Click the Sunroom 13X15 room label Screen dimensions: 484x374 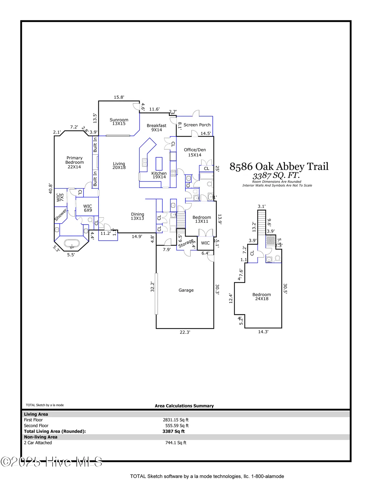(x=119, y=122)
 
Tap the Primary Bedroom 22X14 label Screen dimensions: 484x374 (x=75, y=162)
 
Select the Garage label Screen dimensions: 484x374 (x=186, y=290)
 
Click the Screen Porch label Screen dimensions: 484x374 (x=197, y=125)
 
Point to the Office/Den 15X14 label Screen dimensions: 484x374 (x=195, y=152)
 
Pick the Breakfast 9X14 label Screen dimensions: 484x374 (x=157, y=128)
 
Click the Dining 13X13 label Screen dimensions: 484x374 (x=137, y=216)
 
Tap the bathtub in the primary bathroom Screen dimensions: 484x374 (x=71, y=243)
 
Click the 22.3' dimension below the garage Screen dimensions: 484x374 (x=185, y=332)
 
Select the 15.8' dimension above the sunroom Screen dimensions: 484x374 (x=119, y=97)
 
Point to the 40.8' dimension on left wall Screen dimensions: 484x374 (x=51, y=188)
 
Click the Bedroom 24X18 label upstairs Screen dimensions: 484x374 (x=262, y=297)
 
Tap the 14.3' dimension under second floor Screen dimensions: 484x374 (x=263, y=332)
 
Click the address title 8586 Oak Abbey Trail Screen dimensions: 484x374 (x=279, y=166)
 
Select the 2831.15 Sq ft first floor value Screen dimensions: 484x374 (x=176, y=420)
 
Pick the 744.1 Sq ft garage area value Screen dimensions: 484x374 (x=176, y=443)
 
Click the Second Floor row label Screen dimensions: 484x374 (x=36, y=426)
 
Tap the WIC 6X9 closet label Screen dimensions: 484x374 (x=88, y=208)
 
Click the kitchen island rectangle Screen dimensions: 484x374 (x=159, y=164)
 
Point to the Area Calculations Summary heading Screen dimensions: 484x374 (x=184, y=406)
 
